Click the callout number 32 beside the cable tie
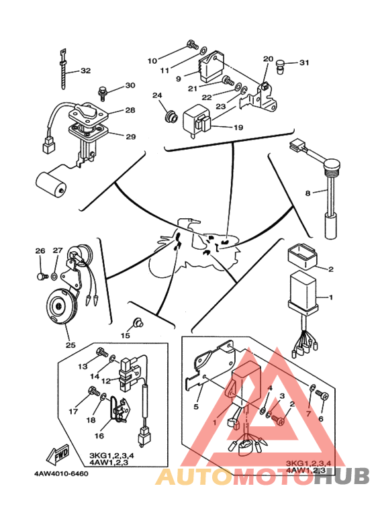click(x=85, y=70)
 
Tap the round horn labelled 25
click(x=61, y=306)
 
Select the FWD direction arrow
click(x=58, y=453)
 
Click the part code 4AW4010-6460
click(x=61, y=473)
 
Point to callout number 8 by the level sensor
click(x=308, y=193)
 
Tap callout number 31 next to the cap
click(x=304, y=62)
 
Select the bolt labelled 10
click(x=192, y=44)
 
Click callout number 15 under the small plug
click(x=125, y=336)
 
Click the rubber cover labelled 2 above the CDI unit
click(x=302, y=256)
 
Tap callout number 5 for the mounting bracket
click(x=196, y=406)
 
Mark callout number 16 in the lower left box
click(x=99, y=436)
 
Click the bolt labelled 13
click(x=102, y=352)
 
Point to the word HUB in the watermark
click(x=341, y=476)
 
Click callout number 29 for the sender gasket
click(x=131, y=136)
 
